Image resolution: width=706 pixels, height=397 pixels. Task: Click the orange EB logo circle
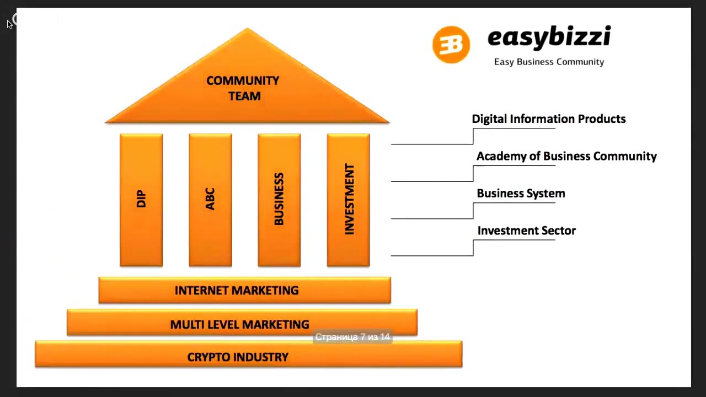click(451, 45)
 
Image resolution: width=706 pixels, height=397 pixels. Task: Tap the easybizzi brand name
click(549, 37)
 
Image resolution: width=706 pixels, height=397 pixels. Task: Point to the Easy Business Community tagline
click(549, 62)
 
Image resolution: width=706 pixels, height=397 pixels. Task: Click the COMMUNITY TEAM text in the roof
click(243, 88)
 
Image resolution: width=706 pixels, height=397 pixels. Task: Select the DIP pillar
click(141, 200)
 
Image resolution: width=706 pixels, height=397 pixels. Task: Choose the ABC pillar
click(210, 200)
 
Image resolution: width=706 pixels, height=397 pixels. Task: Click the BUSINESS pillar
click(279, 200)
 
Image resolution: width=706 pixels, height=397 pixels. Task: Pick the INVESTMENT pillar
click(348, 200)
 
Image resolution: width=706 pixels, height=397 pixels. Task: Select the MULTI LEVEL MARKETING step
click(239, 324)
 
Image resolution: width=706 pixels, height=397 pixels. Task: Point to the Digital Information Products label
click(549, 119)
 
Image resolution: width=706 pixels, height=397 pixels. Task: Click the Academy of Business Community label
click(566, 157)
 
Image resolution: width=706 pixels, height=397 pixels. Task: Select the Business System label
click(521, 194)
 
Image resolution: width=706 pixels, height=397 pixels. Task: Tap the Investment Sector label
click(526, 231)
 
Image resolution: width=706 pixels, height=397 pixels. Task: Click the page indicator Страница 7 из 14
click(352, 337)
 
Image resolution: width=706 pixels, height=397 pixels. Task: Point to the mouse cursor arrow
click(9, 24)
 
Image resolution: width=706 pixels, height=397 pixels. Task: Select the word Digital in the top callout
click(489, 119)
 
